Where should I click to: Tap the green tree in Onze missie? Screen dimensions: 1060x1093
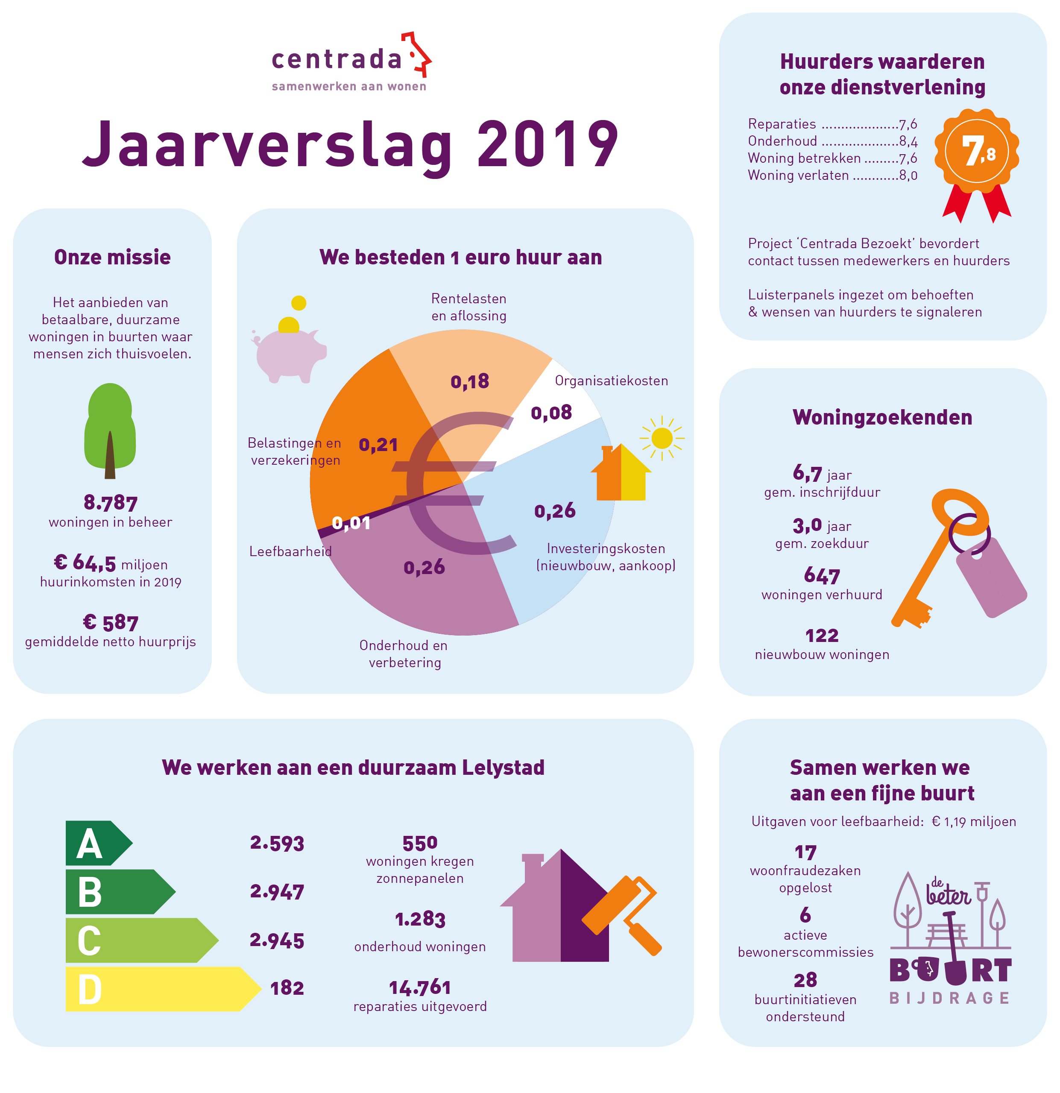coord(110,431)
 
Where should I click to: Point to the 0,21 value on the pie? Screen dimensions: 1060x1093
coord(378,445)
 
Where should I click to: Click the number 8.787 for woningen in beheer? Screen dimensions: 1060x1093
coord(111,502)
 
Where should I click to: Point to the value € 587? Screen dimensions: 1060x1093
coord(111,622)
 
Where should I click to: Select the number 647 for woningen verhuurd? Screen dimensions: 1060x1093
coord(821,575)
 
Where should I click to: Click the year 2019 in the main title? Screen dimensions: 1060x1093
coord(548,144)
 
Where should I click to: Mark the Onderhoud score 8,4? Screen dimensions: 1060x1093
coord(908,141)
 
